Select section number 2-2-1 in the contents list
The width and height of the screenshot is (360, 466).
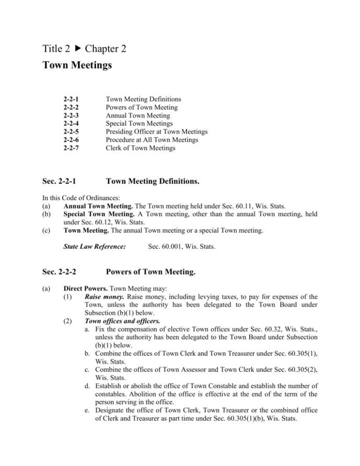[x=70, y=99]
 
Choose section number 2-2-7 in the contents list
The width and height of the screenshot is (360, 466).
[x=70, y=149]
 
